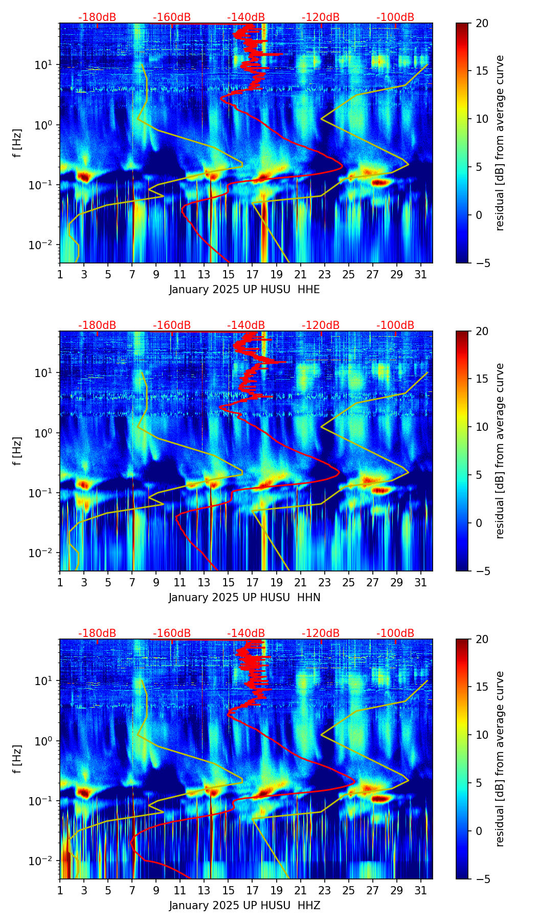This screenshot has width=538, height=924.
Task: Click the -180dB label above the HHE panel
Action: click(97, 17)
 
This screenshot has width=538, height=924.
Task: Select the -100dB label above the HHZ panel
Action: click(395, 633)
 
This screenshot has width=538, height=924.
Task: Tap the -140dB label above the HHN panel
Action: click(246, 325)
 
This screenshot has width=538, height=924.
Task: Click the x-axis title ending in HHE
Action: click(244, 290)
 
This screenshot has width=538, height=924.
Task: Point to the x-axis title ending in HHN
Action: click(244, 598)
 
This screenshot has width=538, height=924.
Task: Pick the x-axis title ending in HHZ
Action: click(244, 906)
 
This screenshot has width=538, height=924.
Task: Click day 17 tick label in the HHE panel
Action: click(253, 274)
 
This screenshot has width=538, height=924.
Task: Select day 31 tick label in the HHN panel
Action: click(421, 582)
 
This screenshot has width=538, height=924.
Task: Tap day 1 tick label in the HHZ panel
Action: click(60, 890)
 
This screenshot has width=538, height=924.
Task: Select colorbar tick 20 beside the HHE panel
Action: click(482, 23)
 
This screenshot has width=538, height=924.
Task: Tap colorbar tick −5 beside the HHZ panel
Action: click(482, 879)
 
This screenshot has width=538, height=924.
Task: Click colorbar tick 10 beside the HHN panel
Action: click(482, 427)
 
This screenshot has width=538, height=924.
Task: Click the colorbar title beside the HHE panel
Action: click(500, 143)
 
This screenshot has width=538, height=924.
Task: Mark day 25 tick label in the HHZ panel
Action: click(349, 890)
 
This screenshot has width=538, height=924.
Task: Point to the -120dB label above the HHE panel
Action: click(321, 17)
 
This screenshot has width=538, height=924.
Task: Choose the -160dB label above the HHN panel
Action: click(172, 325)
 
